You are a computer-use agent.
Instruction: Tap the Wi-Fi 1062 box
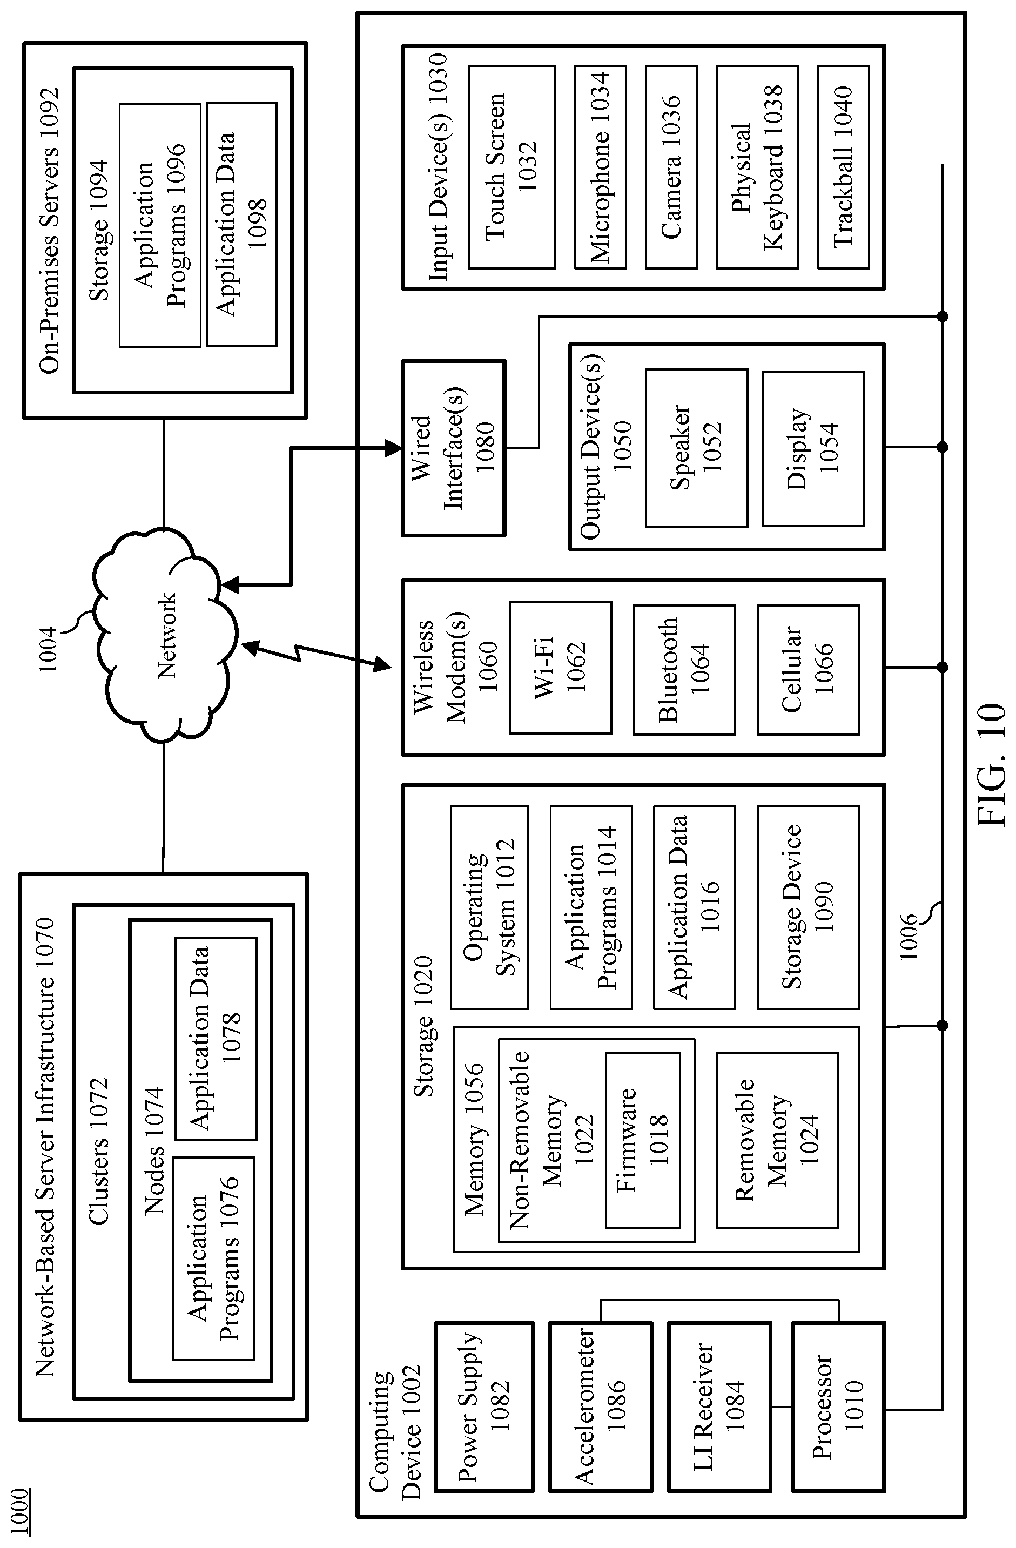(561, 668)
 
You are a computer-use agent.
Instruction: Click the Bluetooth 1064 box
(684, 670)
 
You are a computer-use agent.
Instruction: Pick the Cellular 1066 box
(808, 670)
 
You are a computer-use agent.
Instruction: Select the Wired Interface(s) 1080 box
(454, 448)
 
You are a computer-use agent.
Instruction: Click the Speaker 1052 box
(697, 448)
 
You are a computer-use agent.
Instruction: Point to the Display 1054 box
(813, 448)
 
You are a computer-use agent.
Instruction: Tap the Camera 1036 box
(671, 167)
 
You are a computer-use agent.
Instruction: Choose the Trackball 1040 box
(843, 167)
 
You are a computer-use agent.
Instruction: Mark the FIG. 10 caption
(992, 765)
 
